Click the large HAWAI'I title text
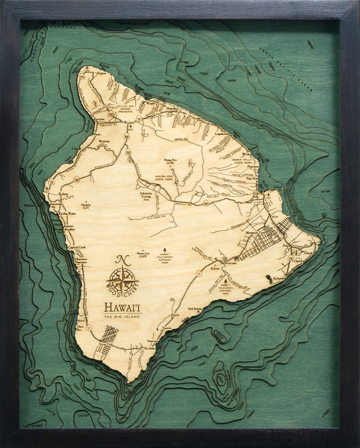[x=122, y=308]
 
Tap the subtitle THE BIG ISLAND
[x=122, y=317]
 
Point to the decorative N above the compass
[x=120, y=259]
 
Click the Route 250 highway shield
[x=111, y=114]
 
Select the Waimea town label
[x=129, y=121]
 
